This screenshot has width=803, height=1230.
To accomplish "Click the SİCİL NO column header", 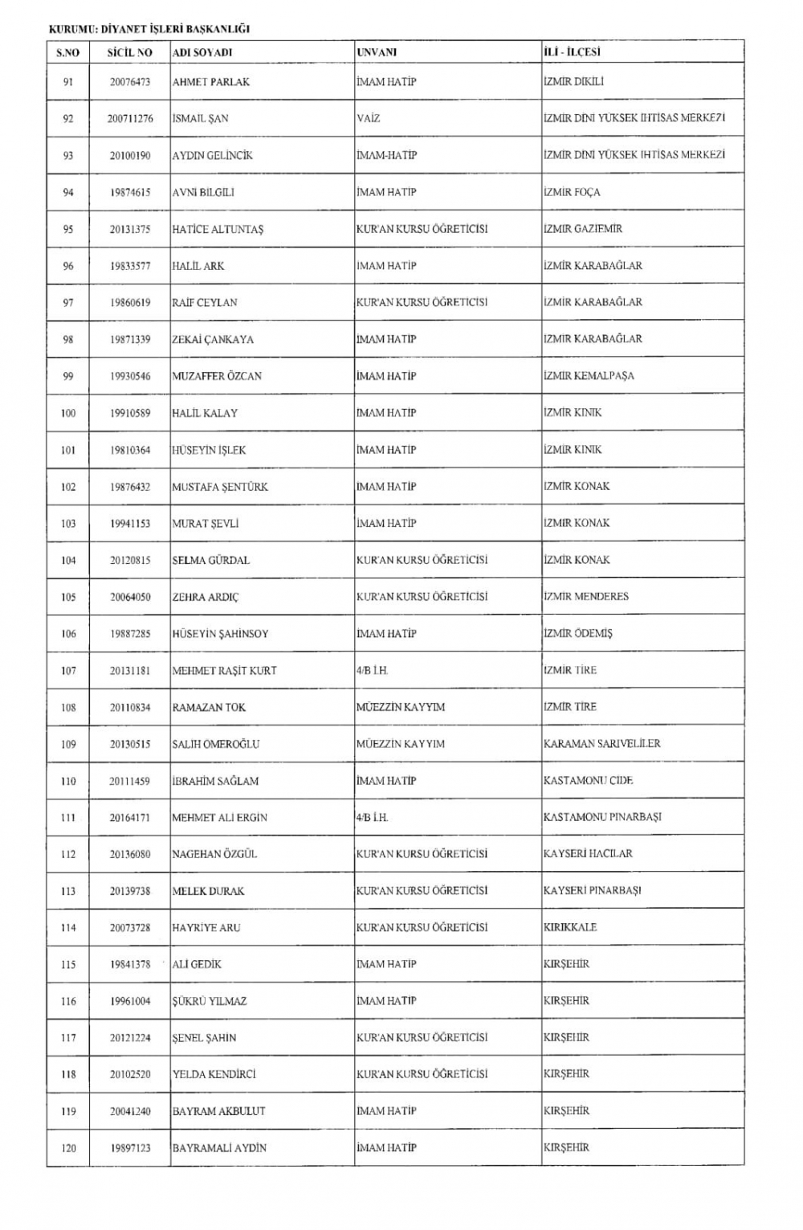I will coord(130,52).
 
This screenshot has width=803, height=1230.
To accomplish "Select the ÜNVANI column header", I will coord(377,52).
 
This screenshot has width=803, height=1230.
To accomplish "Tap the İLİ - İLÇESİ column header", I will coord(572,52).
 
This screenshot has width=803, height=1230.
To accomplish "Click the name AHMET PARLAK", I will coord(210,82).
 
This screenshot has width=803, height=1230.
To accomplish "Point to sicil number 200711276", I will coord(130,119).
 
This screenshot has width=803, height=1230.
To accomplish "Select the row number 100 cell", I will coord(68,413).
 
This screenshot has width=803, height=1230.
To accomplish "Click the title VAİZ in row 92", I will coord(368,118).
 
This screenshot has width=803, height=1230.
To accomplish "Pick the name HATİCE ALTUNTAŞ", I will coord(218,229).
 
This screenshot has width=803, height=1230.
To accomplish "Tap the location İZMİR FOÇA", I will coord(571,192).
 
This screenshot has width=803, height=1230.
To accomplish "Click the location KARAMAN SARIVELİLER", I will coord(601,744).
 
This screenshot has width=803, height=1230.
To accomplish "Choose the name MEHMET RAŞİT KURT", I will coord(224,671).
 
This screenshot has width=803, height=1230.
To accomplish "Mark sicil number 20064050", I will coord(130,597).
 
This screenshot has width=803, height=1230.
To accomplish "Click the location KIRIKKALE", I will coord(569,927).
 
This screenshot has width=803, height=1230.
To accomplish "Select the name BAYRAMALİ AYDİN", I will coord(219,1148).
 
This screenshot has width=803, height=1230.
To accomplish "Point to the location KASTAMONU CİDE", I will coord(588,781).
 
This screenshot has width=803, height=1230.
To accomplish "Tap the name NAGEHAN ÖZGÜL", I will coord(214,854).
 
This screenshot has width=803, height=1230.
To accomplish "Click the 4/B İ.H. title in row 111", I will coord(372,817).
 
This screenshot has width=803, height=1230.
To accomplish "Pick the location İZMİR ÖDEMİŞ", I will coord(577,634).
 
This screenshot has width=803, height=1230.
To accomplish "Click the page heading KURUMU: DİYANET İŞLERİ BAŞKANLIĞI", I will coord(149,29).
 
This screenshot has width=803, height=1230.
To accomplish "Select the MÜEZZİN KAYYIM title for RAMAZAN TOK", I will coord(400,707).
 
